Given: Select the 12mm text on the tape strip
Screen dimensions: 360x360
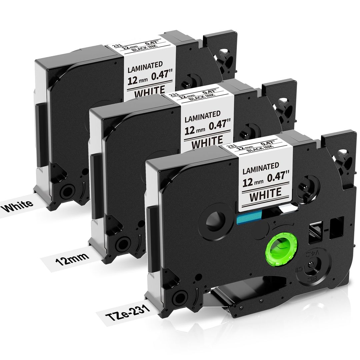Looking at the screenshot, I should pos(71,257).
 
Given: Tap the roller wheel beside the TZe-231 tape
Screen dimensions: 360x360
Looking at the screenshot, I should pos(180,296).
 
